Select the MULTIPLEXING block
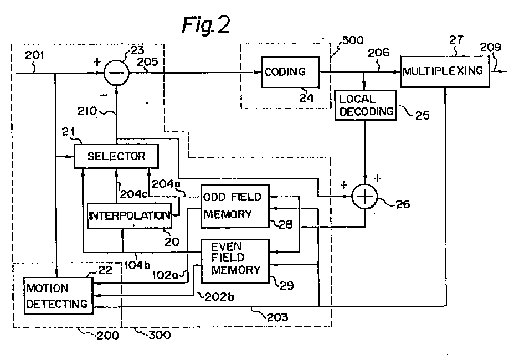click(445, 70)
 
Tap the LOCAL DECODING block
click(366, 105)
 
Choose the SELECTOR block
click(116, 156)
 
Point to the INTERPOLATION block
click(129, 215)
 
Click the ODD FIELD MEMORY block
click(234, 206)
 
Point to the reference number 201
click(35, 55)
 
